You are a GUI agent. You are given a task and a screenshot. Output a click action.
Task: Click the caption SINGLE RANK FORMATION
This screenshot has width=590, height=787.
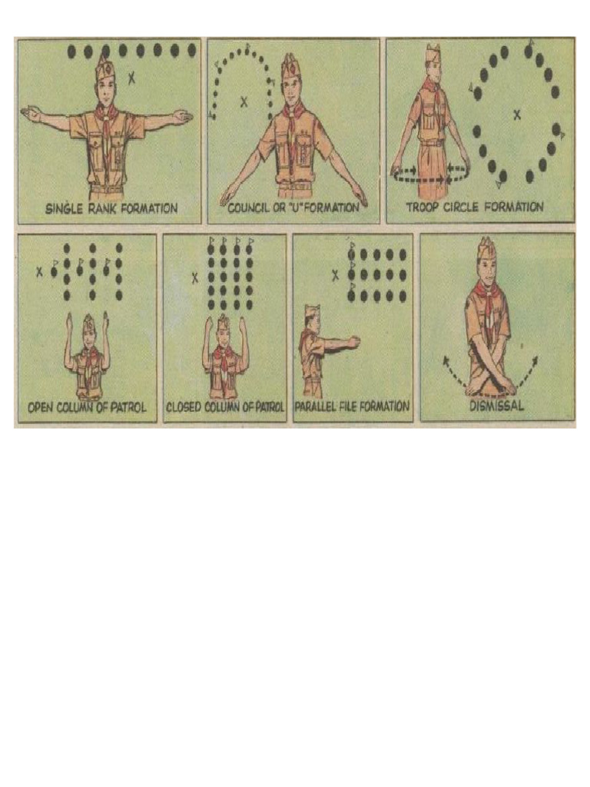111,208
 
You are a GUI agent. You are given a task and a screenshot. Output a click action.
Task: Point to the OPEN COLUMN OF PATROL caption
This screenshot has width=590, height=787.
88,407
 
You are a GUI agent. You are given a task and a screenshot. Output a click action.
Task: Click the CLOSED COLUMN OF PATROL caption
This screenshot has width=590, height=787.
225,407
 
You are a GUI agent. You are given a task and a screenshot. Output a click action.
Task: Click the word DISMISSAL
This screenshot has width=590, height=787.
496,406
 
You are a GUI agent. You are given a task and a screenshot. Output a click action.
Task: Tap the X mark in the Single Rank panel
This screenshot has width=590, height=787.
131,77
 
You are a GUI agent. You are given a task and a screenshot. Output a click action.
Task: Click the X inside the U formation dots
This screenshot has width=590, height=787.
244,101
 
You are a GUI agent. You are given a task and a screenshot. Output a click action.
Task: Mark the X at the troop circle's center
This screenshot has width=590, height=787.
517,115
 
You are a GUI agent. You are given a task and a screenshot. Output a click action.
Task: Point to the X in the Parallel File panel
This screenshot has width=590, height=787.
335,275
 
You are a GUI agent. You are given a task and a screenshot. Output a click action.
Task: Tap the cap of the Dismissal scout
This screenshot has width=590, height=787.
486,249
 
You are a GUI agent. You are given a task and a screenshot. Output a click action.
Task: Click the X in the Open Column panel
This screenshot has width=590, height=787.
39,271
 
